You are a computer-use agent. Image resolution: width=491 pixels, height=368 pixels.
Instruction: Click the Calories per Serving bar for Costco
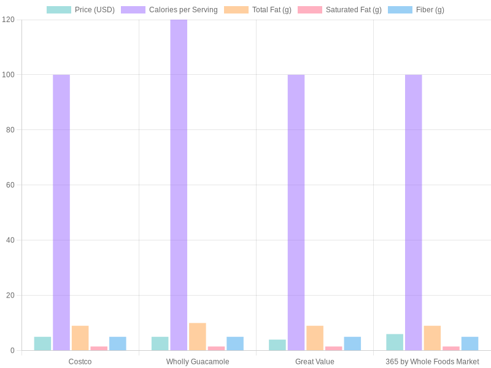coord(61,212)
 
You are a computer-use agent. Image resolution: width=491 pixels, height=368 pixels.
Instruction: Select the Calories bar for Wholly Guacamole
coord(179,185)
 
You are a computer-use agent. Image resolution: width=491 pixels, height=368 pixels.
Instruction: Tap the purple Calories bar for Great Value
coord(296,212)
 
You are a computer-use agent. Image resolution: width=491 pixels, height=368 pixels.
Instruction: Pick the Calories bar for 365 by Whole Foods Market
coord(413,212)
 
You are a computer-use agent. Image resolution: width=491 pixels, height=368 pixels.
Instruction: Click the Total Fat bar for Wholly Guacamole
coord(198,337)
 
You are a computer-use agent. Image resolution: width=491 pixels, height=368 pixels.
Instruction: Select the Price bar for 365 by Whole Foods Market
coord(395,342)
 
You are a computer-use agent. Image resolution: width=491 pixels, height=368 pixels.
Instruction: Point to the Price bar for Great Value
coord(277,345)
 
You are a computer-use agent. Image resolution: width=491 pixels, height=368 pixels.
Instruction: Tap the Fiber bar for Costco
coord(118,343)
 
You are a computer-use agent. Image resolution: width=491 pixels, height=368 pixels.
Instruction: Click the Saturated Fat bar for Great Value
coord(334,348)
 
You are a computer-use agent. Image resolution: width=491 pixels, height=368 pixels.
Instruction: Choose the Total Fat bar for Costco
coord(80,338)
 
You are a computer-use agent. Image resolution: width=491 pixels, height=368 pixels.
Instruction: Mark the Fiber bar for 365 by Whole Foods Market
coord(470,343)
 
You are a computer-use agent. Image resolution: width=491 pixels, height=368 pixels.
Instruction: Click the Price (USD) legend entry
coord(80,10)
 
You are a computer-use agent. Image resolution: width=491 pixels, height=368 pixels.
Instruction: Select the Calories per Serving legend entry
coord(169,10)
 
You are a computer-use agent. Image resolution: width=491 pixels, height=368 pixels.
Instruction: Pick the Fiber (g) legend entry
coord(416,10)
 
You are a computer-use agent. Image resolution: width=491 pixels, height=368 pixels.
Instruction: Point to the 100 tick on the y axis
coord(8,75)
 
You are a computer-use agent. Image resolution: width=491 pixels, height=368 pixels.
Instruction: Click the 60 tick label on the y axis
coord(10,185)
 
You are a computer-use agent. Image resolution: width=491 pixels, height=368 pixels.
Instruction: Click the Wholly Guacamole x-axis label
coord(198,362)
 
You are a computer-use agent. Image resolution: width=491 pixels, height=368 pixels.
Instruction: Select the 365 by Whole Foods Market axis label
coord(432,362)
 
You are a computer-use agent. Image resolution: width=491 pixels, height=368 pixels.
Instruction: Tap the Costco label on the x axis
coord(80,362)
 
